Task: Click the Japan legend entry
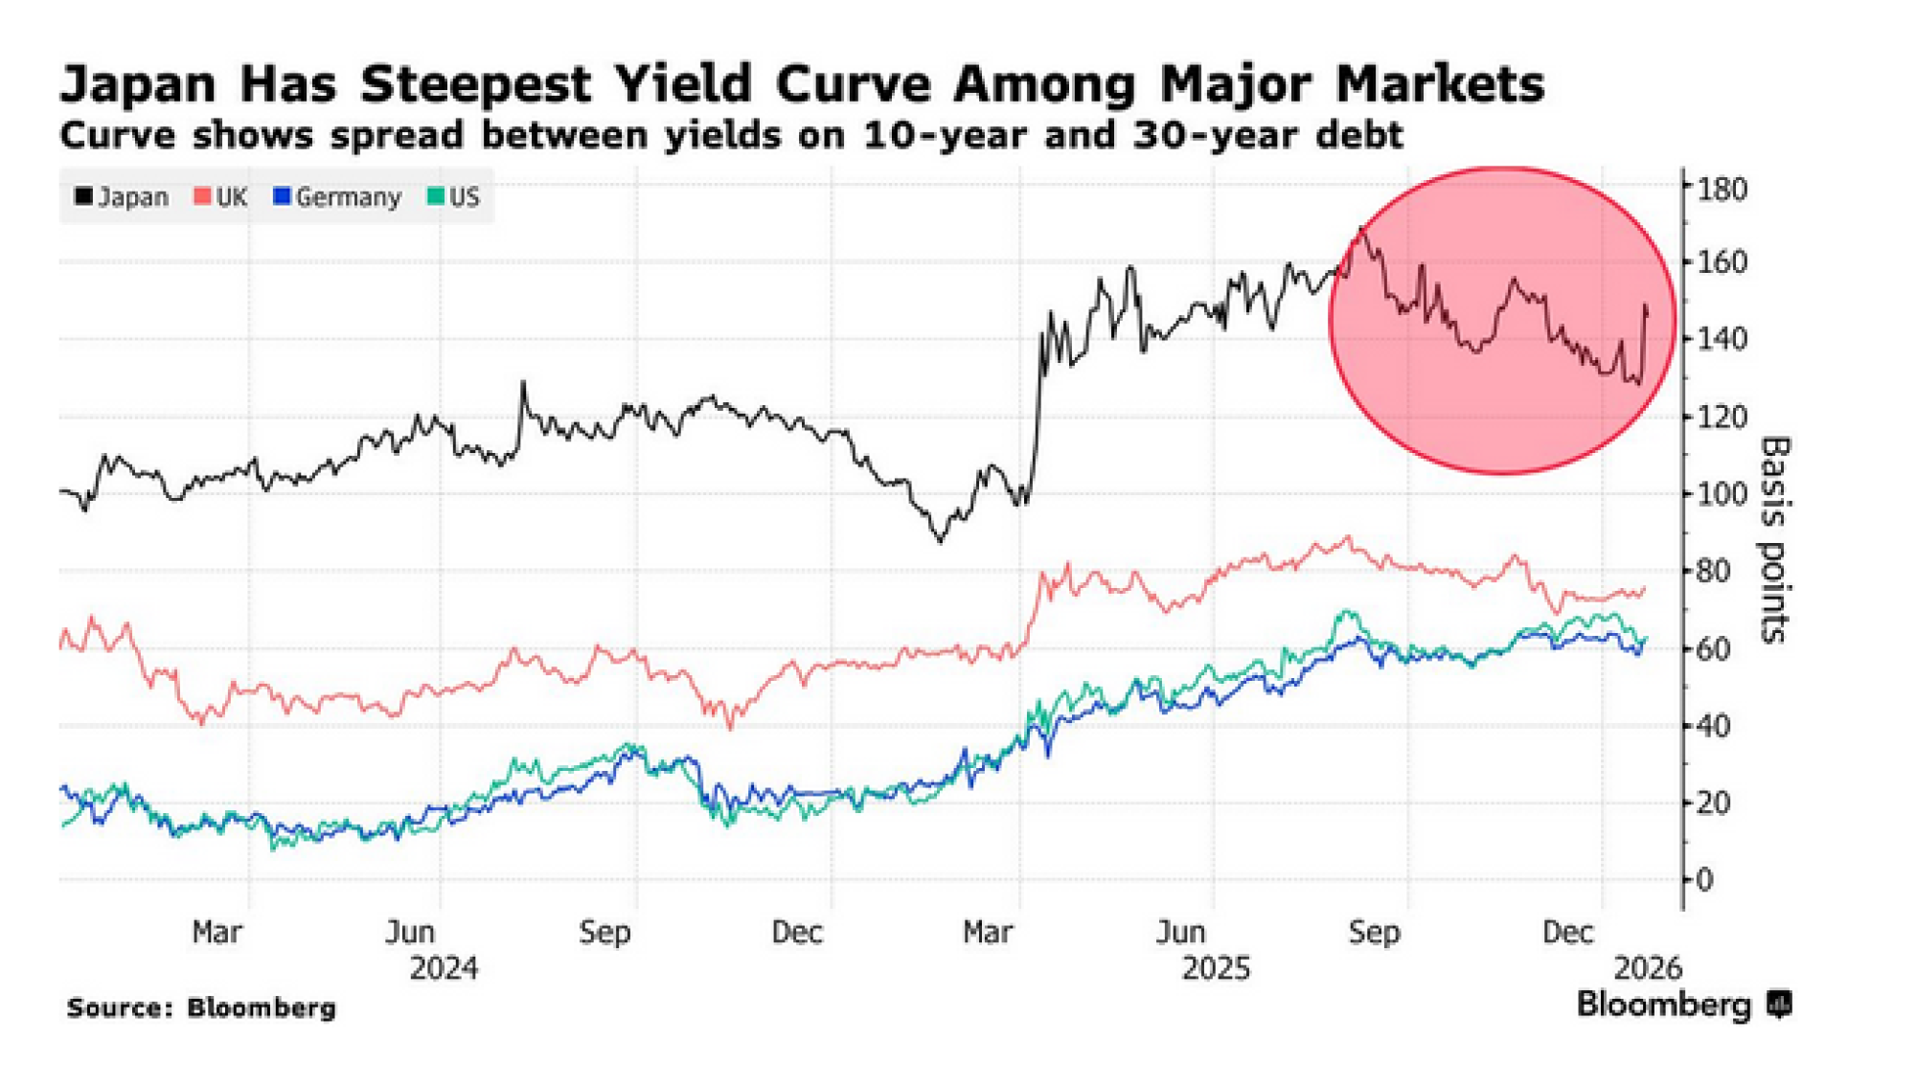[122, 197]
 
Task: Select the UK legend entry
[221, 197]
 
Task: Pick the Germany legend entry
[337, 197]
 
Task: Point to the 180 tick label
[1722, 190]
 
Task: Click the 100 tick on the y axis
[1722, 494]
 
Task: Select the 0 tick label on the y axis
[1704, 879]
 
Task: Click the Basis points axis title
[1775, 540]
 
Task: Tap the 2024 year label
[444, 968]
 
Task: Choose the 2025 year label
[1216, 968]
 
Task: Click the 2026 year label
[1647, 968]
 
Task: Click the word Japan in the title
[138, 84]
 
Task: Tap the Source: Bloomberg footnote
[201, 1007]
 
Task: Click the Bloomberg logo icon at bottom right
[1779, 1005]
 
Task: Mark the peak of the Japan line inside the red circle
[1361, 228]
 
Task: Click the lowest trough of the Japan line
[940, 541]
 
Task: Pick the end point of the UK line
[1644, 588]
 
